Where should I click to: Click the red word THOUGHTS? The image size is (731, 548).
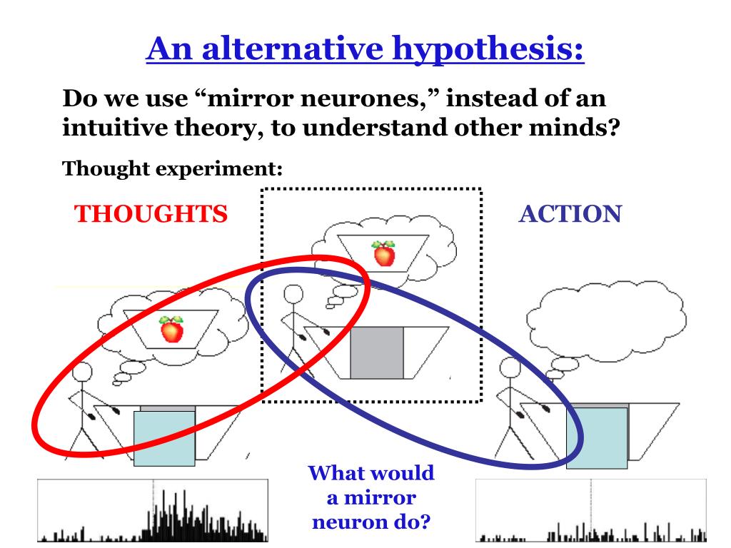coord(151,214)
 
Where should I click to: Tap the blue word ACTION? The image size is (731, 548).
coord(570,214)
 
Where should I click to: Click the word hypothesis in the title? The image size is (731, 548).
coord(488,49)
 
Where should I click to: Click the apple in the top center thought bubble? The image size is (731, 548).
coord(383,253)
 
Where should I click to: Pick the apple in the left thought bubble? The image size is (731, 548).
coord(171,329)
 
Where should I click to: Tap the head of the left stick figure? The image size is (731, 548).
coord(82,372)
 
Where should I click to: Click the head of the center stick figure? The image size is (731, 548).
coord(293,295)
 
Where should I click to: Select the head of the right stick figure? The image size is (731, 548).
coord(510,367)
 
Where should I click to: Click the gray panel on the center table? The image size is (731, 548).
coord(377,352)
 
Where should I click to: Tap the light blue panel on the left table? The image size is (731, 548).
coord(164,438)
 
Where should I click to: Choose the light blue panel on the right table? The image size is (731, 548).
coord(598,437)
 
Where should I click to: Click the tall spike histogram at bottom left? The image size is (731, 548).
coord(153,510)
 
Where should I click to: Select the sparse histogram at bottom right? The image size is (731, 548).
coord(591,510)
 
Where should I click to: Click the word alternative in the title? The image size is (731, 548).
coord(292,49)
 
